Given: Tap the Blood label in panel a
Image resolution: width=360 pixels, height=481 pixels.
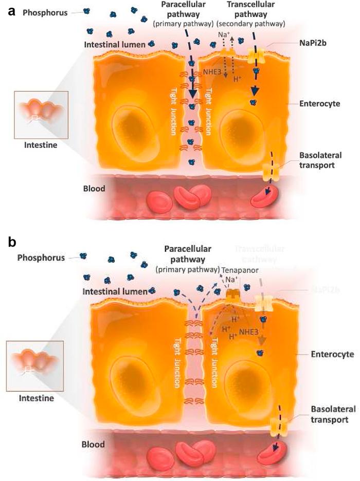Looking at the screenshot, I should coord(94,189).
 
